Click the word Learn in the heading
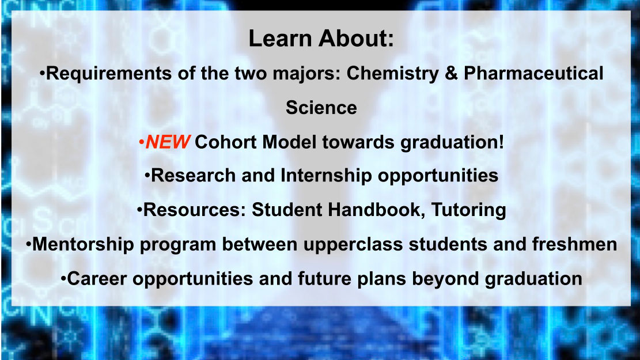point(280,39)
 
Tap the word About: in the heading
point(357,39)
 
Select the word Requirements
point(108,74)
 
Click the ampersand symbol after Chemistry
point(452,74)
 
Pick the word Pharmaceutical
point(533,74)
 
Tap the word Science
point(321,108)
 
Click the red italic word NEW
point(168,142)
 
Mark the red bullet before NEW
point(141,143)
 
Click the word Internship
point(326,176)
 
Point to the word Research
point(194,176)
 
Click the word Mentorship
point(83,244)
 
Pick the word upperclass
point(353,245)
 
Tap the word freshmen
point(574,244)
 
